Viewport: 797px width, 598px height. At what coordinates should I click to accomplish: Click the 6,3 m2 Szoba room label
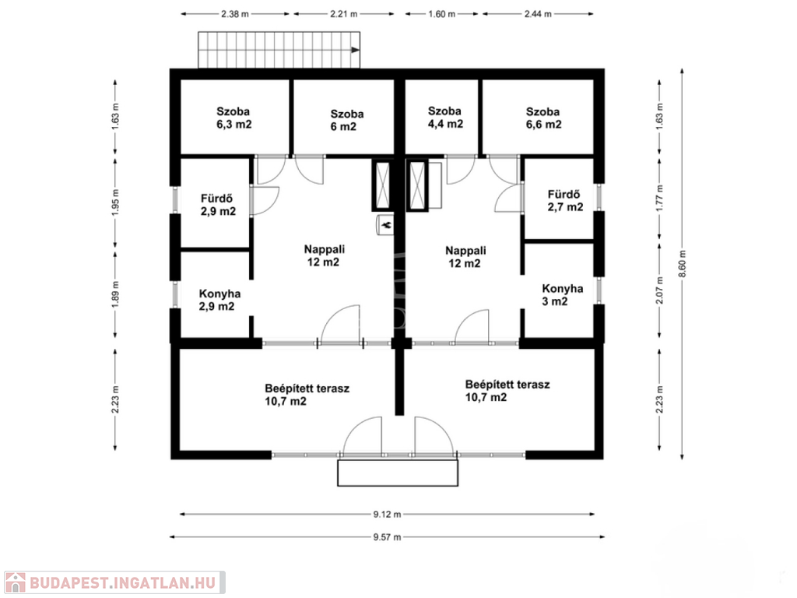click(x=233, y=118)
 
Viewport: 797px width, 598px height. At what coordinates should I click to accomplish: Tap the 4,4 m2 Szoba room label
click(x=445, y=118)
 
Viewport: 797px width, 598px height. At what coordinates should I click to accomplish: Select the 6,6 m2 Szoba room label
click(x=543, y=118)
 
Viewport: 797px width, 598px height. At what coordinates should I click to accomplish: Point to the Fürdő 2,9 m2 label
click(x=218, y=205)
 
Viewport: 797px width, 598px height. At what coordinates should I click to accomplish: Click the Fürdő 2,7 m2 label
click(x=565, y=200)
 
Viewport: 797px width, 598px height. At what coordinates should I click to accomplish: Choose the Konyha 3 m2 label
click(x=562, y=295)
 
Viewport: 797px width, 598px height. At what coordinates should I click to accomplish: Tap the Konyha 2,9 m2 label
click(x=219, y=300)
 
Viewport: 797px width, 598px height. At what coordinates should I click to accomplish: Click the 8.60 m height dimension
click(x=682, y=264)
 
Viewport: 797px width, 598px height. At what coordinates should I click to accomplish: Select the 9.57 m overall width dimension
click(x=388, y=536)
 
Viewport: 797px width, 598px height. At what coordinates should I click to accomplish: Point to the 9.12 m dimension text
click(x=388, y=514)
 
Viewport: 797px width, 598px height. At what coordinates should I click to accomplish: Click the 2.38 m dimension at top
click(x=235, y=14)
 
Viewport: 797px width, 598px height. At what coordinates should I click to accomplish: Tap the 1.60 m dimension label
click(x=442, y=14)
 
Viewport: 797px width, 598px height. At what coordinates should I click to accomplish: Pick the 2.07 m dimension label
click(x=660, y=290)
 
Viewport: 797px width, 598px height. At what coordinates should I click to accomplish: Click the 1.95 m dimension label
click(x=115, y=203)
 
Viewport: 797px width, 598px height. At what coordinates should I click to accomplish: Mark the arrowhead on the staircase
click(x=356, y=50)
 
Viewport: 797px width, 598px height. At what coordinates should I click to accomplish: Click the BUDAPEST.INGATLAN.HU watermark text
click(x=122, y=582)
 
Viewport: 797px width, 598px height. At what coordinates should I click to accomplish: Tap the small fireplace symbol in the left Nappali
click(x=384, y=225)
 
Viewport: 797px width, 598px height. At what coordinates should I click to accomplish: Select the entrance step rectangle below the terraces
click(x=398, y=473)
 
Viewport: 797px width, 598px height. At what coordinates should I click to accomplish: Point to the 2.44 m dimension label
click(x=538, y=14)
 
